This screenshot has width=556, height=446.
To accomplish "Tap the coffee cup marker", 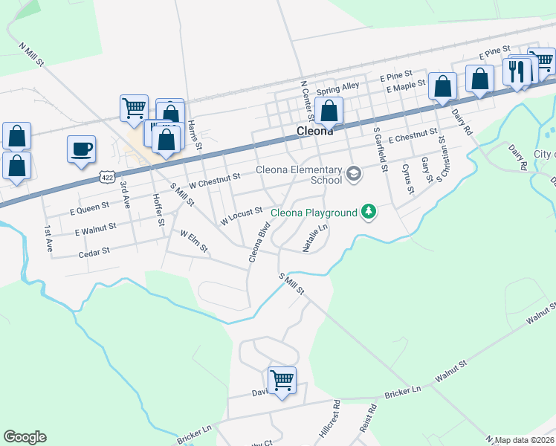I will tap(81, 148).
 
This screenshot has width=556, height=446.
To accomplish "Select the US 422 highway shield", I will tap(108, 178).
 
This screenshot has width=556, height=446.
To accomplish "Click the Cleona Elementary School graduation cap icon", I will tap(354, 175).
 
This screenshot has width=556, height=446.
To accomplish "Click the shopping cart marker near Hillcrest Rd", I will tap(282, 381).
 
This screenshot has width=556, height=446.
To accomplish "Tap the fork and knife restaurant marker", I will tap(517, 71).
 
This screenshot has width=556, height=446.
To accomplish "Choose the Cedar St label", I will tap(94, 253).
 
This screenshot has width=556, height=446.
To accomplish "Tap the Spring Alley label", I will tap(337, 88).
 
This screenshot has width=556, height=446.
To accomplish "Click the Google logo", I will tap(25, 437).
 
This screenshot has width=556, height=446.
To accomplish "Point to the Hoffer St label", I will tap(157, 209).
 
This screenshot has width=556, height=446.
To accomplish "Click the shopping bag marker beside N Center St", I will tap(329, 111).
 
